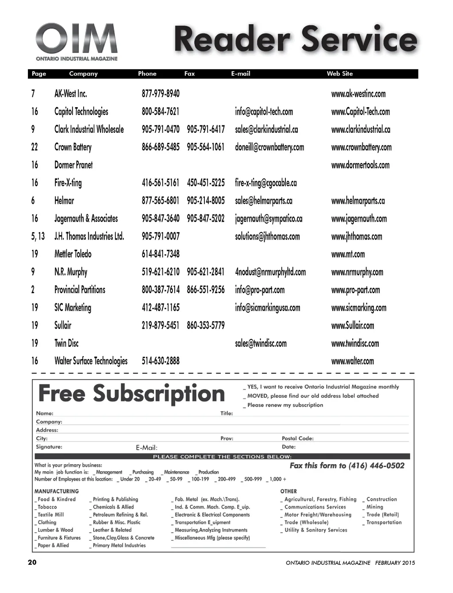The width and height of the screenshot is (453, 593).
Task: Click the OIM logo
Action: pyautogui.click(x=77, y=42)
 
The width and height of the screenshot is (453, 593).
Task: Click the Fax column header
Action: pyautogui.click(x=189, y=74)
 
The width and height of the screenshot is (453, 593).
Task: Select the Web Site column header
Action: pyautogui.click(x=339, y=74)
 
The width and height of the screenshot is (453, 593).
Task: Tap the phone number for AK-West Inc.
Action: pyautogui.click(x=161, y=94)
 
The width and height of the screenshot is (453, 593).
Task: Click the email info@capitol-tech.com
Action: pyautogui.click(x=264, y=112)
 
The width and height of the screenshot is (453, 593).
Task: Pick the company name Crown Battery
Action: pyautogui.click(x=73, y=147)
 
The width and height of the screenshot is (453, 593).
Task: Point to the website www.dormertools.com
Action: pyautogui.click(x=360, y=165)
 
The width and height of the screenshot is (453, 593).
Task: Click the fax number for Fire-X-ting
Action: pyautogui.click(x=206, y=183)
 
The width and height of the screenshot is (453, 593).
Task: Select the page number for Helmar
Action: pyautogui.click(x=33, y=201)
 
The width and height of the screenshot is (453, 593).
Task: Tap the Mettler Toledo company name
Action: pyautogui.click(x=73, y=254)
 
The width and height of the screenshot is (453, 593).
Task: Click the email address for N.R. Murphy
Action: pyautogui.click(x=270, y=272)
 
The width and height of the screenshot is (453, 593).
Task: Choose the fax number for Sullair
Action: pyautogui.click(x=206, y=326)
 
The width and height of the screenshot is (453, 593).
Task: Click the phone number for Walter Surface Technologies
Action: pyautogui.click(x=161, y=361)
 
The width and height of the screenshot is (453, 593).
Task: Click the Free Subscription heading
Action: pyautogui.click(x=131, y=394)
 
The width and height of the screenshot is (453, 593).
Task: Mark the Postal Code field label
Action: pyautogui.click(x=298, y=438)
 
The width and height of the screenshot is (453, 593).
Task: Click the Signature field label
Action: pyautogui.click(x=49, y=447)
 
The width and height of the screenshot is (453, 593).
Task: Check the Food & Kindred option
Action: pyautogui.click(x=36, y=500)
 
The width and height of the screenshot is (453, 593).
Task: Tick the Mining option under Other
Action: pyautogui.click(x=364, y=507)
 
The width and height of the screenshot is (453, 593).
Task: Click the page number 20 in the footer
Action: pyautogui.click(x=32, y=562)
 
